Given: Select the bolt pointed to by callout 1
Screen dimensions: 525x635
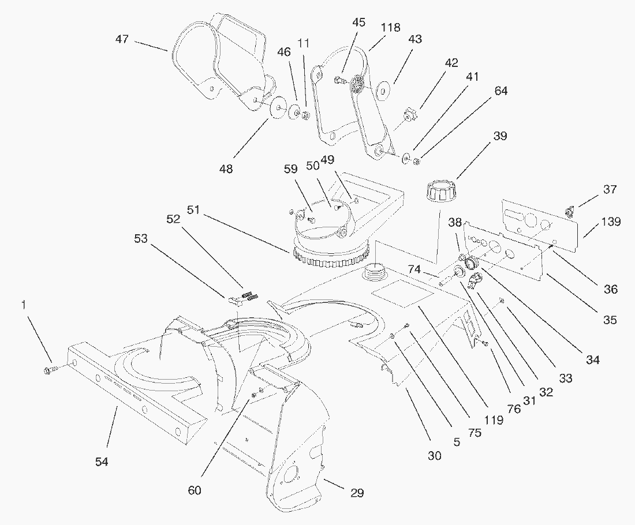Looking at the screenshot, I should [49, 368].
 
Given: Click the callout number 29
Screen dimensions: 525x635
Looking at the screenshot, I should [357, 493].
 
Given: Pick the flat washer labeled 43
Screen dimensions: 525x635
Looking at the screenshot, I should [382, 91].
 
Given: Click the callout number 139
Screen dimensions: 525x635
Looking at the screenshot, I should [610, 222].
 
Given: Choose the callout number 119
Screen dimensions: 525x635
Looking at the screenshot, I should [494, 419].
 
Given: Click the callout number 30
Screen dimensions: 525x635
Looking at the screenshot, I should [434, 455].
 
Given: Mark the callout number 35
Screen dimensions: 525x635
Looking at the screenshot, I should [610, 319].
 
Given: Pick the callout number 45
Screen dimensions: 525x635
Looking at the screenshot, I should [358, 22].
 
